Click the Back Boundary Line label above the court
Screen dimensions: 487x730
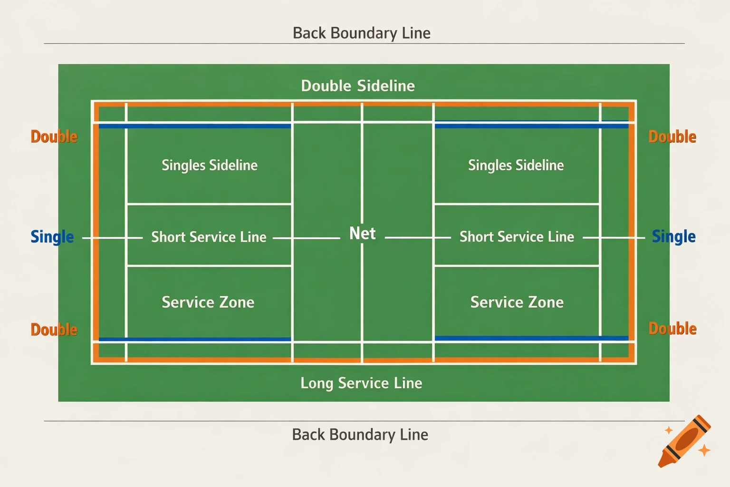point(362,33)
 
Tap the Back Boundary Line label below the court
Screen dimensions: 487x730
point(360,435)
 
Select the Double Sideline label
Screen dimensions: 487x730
point(358,86)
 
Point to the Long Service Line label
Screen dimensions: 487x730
point(361,383)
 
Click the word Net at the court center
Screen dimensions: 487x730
point(362,234)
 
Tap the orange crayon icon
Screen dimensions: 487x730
point(684,441)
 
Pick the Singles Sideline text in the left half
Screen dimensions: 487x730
point(210,166)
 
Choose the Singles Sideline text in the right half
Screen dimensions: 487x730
point(516,166)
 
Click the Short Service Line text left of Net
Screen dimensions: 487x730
point(209,237)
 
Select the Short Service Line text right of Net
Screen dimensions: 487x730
point(517,237)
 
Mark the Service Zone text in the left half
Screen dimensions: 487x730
point(208,302)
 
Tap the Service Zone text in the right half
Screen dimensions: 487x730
point(517,302)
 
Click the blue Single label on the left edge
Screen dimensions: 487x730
point(52,237)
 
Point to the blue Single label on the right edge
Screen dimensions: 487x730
point(673,236)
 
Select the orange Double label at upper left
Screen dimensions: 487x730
point(54,137)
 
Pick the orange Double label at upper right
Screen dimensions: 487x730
point(672,137)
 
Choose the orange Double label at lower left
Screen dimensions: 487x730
point(54,330)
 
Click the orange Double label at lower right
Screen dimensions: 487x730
point(672,329)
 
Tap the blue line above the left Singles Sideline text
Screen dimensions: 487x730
point(195,126)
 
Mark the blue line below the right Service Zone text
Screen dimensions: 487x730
point(531,338)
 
